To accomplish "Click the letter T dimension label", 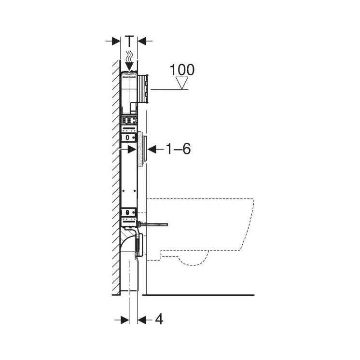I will click(129, 41).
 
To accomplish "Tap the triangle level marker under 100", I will click(182, 84).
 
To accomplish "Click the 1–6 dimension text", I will click(179, 149).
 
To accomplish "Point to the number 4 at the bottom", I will click(159, 319).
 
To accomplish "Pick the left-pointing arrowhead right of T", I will click(142, 41).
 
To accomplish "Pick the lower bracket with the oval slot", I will click(128, 212).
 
